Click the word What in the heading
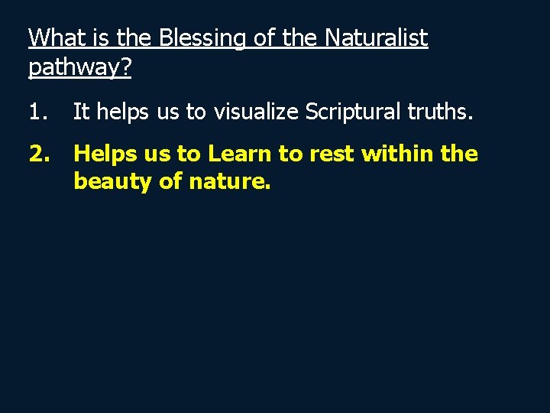tap(53, 37)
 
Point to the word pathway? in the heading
tap(79, 67)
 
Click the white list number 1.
tap(37, 113)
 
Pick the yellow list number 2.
tap(39, 154)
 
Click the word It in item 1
tap(81, 113)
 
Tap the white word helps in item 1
tap(119, 113)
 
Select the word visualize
tap(256, 113)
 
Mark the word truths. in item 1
tap(442, 113)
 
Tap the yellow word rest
tap(332, 154)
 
